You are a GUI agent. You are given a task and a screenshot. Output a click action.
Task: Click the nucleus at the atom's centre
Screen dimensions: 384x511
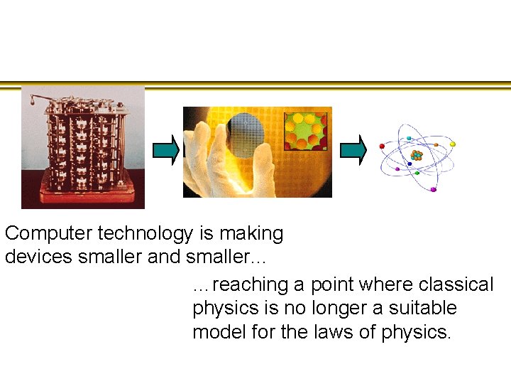[x=417, y=154]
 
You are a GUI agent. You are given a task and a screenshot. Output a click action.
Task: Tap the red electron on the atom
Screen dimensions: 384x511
[x=383, y=145]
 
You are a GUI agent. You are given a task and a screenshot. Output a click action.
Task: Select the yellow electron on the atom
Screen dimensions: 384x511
[x=453, y=144]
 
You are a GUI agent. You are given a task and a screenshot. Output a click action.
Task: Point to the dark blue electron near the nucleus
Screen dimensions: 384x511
[x=409, y=163]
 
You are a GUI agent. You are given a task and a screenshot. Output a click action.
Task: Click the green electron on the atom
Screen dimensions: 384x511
[x=417, y=172]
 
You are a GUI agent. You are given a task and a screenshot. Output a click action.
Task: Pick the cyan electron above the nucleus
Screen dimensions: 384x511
[x=408, y=138]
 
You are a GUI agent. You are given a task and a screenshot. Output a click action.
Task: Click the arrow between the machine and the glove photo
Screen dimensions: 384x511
[x=166, y=149]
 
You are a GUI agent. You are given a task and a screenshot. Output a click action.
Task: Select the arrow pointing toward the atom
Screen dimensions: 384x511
[x=353, y=149]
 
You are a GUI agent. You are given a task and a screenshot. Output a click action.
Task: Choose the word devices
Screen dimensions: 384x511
[x=33, y=257]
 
